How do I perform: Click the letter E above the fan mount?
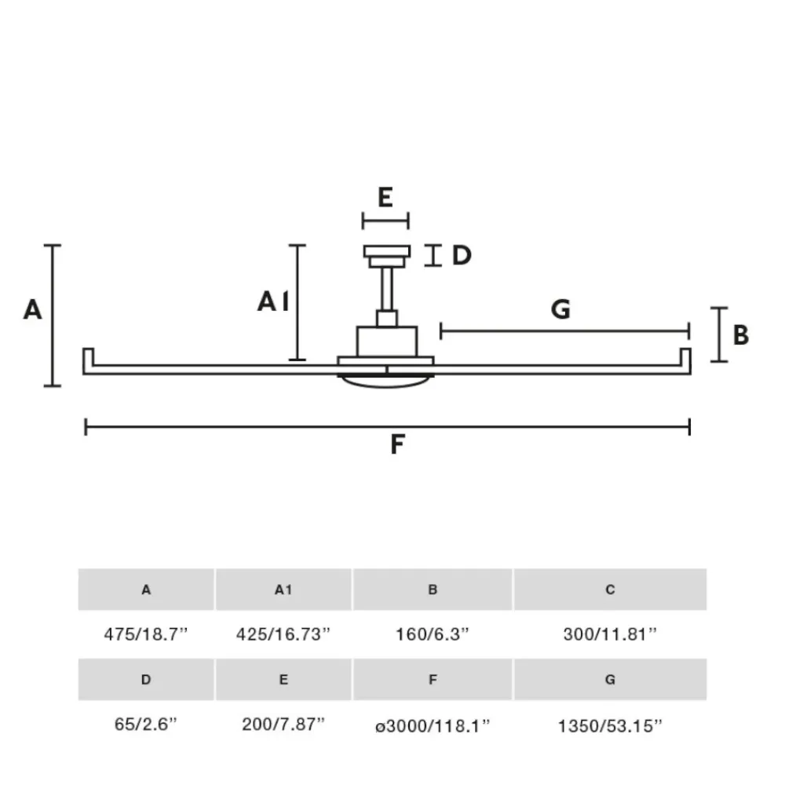tap(385, 197)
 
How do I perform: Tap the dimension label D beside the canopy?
tap(462, 255)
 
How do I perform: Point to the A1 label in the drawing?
tap(273, 302)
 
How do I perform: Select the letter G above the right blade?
tap(560, 309)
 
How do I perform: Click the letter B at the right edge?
tap(741, 335)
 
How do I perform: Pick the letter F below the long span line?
tap(397, 444)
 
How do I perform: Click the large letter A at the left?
tap(32, 309)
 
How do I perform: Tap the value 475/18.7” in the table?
tap(146, 634)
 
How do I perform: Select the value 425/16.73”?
tap(283, 634)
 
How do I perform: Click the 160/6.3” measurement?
tap(433, 634)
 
